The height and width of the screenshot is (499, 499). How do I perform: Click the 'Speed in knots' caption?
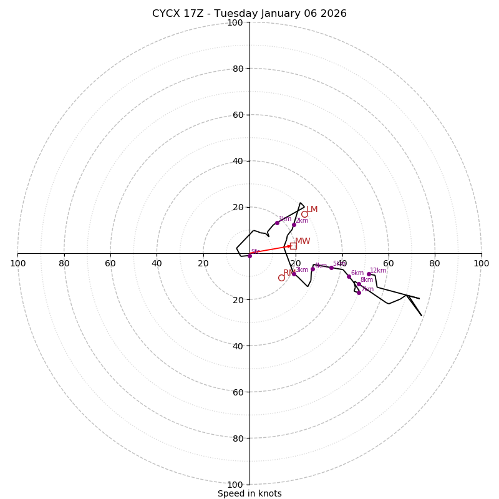(249, 493)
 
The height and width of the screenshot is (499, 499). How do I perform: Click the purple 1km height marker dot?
(278, 223)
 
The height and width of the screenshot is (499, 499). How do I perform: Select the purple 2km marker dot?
(294, 225)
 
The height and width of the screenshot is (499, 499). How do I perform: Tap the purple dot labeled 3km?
(294, 274)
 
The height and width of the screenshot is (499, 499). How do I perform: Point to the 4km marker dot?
(313, 269)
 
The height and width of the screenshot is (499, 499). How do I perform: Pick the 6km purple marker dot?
(349, 276)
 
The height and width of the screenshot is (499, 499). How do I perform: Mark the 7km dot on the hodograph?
(359, 293)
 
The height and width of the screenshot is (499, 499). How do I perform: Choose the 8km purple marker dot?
(358, 284)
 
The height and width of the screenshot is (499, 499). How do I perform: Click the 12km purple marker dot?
(369, 274)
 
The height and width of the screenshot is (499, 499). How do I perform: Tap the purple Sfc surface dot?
(249, 255)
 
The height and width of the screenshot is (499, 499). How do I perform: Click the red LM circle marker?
(304, 214)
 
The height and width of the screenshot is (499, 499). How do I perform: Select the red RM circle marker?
(281, 278)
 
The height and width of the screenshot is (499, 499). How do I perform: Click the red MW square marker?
(293, 246)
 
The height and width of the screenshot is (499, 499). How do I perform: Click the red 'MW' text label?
(303, 241)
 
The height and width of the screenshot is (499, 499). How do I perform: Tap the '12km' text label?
(378, 270)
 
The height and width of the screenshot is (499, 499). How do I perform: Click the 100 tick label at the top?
(235, 22)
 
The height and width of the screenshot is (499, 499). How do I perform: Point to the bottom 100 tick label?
(235, 485)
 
